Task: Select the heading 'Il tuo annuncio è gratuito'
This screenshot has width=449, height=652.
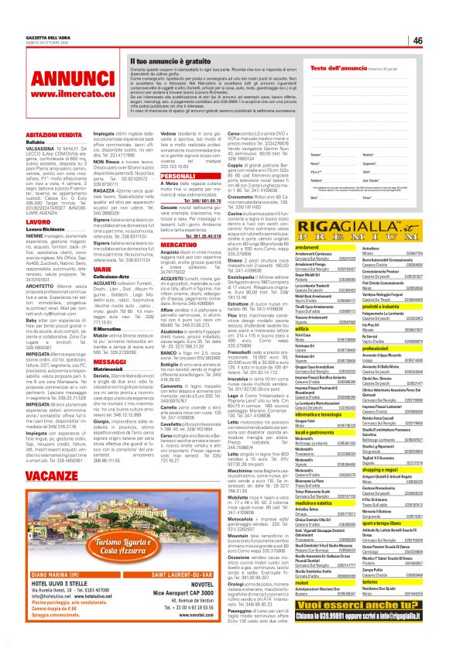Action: [168, 60]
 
